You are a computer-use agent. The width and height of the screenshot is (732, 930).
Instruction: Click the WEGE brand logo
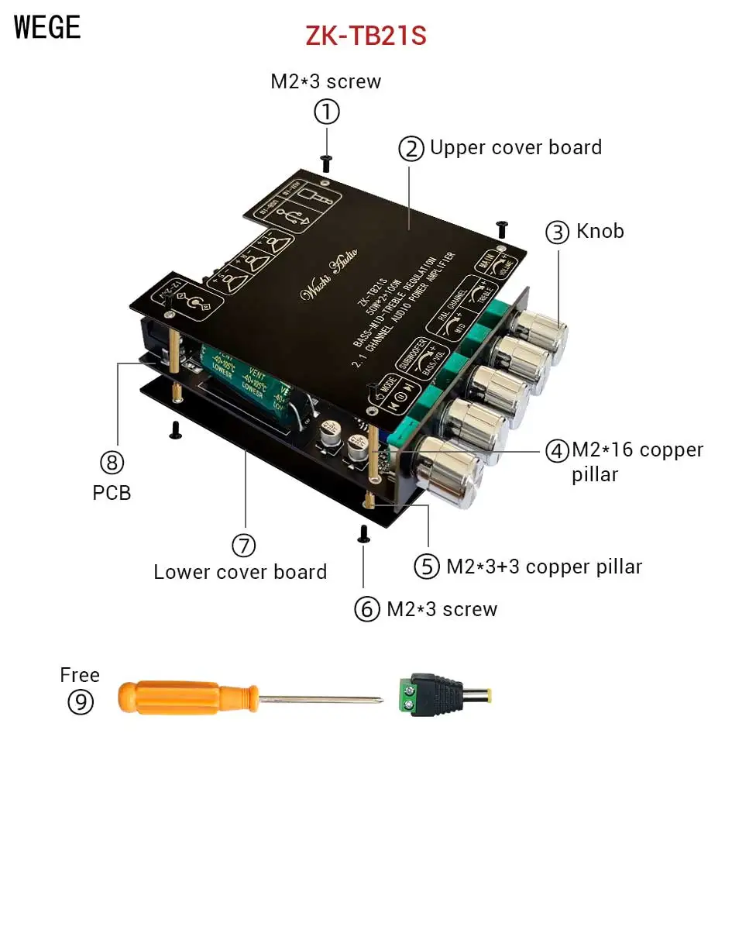47,27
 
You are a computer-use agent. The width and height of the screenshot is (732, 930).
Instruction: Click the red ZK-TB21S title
366,36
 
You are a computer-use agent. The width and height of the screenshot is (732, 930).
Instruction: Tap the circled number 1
326,113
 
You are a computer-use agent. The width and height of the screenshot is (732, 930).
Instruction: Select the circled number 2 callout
411,148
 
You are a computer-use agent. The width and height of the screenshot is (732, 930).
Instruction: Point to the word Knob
600,231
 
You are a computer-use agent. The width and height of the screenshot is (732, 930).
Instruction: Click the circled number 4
557,451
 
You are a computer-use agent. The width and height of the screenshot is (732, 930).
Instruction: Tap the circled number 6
367,609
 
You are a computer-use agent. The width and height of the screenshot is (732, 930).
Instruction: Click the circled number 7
243,546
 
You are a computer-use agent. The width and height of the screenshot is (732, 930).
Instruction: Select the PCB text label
112,492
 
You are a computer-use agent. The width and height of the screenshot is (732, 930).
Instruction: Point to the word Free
80,675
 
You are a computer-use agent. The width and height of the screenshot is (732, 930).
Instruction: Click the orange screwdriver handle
186,697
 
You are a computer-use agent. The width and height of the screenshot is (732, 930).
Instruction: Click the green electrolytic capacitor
239,380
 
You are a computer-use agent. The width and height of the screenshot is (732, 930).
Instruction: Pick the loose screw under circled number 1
326,164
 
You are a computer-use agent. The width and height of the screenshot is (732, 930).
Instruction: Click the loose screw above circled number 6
363,533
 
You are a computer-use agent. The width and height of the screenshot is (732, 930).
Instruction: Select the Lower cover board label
240,572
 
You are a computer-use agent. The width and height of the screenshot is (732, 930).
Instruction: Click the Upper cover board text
515,147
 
